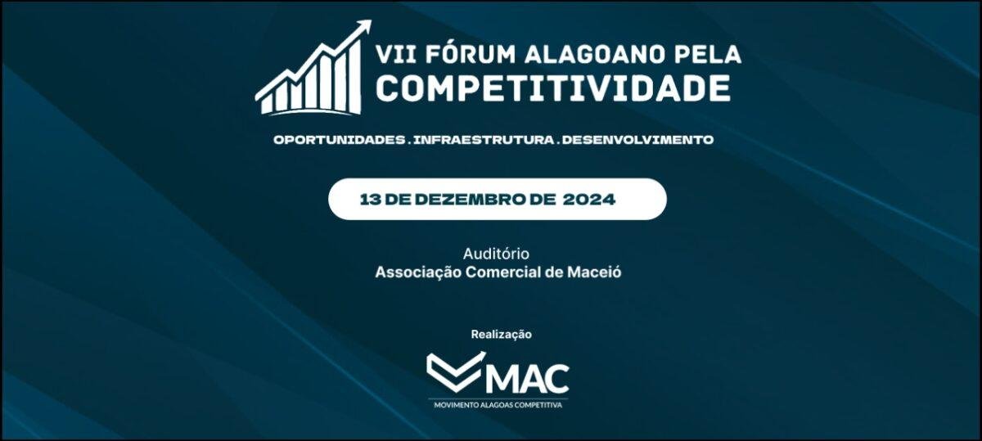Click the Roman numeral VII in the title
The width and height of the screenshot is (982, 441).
(395, 54)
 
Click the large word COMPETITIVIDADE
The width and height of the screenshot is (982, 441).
(553, 88)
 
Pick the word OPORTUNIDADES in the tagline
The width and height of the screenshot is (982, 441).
(340, 140)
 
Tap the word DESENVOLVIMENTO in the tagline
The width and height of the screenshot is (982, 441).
(637, 140)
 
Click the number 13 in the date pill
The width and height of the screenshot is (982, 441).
(370, 200)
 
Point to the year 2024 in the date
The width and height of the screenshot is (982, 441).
(588, 200)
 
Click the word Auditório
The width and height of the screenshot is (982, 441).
(496, 254)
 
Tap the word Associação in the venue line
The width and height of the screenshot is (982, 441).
(418, 272)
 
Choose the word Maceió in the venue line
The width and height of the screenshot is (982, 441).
(594, 272)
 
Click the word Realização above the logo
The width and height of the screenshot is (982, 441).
(501, 334)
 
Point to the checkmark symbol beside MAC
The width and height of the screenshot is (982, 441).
(456, 371)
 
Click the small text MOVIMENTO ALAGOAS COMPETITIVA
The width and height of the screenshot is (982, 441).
(498, 405)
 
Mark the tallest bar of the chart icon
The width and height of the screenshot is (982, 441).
(355, 78)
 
